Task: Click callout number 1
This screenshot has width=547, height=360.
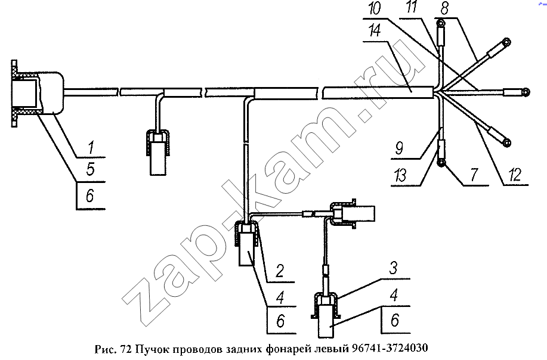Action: pyautogui.click(x=91, y=148)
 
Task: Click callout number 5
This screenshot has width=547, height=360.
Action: pyautogui.click(x=91, y=170)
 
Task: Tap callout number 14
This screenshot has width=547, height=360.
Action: pyautogui.click(x=375, y=31)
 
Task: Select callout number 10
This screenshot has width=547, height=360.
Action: pyautogui.click(x=375, y=8)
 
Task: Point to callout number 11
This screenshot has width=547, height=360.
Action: pyautogui.click(x=412, y=7)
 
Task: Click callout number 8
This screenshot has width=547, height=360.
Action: pyautogui.click(x=444, y=8)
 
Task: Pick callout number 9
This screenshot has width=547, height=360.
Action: pyautogui.click(x=399, y=148)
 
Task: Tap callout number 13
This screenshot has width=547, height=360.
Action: pyautogui.click(x=400, y=175)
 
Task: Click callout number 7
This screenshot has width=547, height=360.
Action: pyautogui.click(x=473, y=174)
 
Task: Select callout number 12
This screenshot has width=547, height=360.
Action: pyautogui.click(x=515, y=175)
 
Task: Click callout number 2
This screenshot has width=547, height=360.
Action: pyautogui.click(x=279, y=271)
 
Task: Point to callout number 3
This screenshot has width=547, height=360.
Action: pyautogui.click(x=393, y=268)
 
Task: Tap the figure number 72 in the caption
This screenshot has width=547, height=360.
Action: pyautogui.click(x=126, y=349)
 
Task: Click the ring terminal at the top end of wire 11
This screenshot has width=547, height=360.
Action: pyautogui.click(x=441, y=24)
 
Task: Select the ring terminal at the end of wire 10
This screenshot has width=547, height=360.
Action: pyautogui.click(x=526, y=92)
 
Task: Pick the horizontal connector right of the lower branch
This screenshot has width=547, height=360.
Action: pyautogui.click(x=353, y=213)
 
